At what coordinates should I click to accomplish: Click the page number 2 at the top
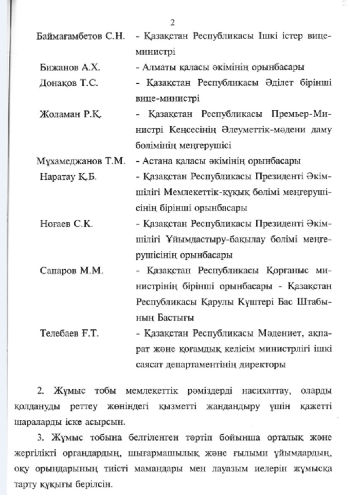tap(173, 23)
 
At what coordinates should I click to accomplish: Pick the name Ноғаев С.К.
tap(66, 224)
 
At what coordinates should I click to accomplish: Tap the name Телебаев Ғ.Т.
tap(69, 333)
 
